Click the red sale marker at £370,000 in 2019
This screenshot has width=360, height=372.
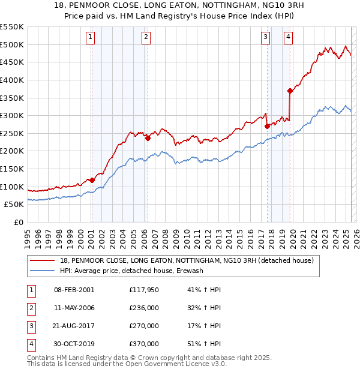pyautogui.click(x=290, y=91)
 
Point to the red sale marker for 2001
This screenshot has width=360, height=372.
pyautogui.click(x=92, y=180)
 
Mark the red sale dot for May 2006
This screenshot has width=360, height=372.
pyautogui.click(x=148, y=138)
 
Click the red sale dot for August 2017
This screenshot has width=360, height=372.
pyautogui.click(x=267, y=126)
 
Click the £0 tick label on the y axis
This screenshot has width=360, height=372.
pyautogui.click(x=19, y=222)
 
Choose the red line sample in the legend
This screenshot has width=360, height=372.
pyautogui.click(x=43, y=260)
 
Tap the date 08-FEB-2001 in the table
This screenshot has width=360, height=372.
pyautogui.click(x=74, y=290)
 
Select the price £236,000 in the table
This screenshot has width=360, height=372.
pyautogui.click(x=144, y=308)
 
